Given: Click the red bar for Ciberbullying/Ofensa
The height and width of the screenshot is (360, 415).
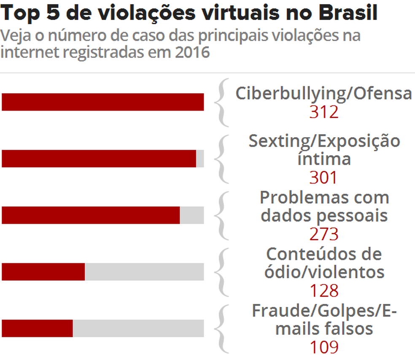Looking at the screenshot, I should click(x=102, y=102).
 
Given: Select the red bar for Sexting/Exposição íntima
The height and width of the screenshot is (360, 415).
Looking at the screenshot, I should click(x=99, y=159).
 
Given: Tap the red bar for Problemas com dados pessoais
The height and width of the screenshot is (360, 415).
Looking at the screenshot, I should click(x=91, y=215).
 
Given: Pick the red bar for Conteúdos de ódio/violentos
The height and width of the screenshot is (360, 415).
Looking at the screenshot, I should click(x=43, y=272).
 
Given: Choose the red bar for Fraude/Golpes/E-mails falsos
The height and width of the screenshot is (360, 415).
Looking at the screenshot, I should click(x=37, y=328).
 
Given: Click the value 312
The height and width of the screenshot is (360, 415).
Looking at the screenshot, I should click(x=324, y=112).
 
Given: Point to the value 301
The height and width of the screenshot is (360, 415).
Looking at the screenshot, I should click(x=324, y=177).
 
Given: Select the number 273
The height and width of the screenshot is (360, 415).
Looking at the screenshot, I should click(x=324, y=234).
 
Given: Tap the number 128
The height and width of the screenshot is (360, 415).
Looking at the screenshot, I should click(x=324, y=290).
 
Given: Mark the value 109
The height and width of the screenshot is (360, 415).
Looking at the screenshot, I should click(x=324, y=347).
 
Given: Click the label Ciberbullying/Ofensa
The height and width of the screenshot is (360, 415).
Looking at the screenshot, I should click(x=323, y=93).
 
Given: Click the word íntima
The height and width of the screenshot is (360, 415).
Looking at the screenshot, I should click(x=324, y=159).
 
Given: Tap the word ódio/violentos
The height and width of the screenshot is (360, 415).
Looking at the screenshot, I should click(x=324, y=272).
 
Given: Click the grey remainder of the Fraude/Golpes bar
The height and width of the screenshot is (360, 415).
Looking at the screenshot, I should click(x=138, y=328).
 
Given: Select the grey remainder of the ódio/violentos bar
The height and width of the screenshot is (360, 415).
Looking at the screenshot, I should click(x=144, y=272).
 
